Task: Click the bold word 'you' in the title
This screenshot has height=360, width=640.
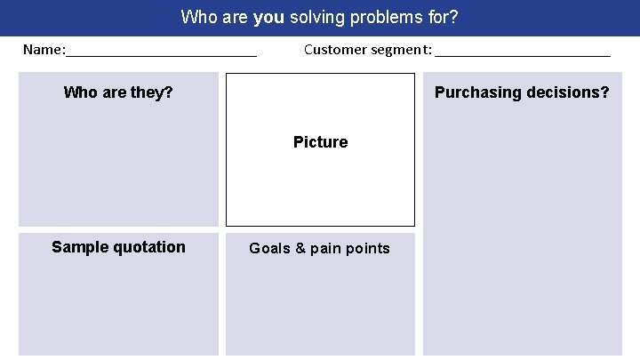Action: (x=269, y=16)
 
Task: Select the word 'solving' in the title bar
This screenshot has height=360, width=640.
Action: (x=317, y=16)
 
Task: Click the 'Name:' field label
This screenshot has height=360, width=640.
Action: (x=44, y=49)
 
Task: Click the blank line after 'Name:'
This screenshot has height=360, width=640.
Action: (x=161, y=52)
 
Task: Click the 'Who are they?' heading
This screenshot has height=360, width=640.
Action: (x=118, y=92)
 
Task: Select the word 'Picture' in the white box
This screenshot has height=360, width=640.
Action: (x=320, y=142)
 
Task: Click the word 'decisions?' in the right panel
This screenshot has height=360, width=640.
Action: (x=570, y=92)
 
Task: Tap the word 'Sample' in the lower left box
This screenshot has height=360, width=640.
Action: (x=78, y=247)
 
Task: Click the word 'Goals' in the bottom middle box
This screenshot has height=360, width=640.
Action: (x=269, y=248)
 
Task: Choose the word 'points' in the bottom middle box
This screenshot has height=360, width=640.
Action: (x=369, y=248)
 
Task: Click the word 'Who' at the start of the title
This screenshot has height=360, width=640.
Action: (x=197, y=16)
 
